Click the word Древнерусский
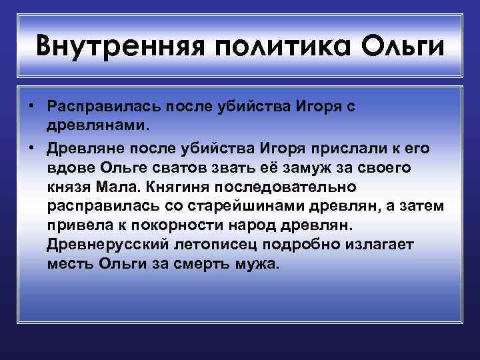(105, 245)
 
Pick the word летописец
(211, 245)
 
